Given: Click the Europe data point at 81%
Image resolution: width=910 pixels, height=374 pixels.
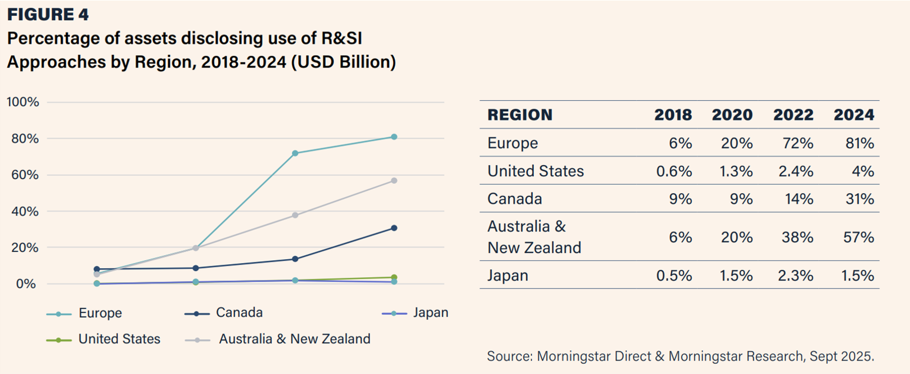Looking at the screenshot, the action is point(394,137).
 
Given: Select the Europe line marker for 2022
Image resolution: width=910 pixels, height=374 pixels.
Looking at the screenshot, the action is point(295,153).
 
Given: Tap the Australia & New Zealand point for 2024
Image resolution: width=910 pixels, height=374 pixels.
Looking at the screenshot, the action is point(394,181).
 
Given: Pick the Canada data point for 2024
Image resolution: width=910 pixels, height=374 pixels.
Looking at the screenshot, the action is point(394,228).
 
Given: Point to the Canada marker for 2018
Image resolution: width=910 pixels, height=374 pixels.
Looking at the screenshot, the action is point(97,269).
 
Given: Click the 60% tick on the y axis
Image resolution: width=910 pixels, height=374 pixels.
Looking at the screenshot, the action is point(25,175).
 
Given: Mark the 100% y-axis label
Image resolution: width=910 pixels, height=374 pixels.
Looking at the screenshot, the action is point(22,102).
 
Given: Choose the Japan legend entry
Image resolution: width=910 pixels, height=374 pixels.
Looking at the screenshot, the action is point(415,313).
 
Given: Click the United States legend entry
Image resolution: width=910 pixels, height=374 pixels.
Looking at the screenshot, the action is point(103,339).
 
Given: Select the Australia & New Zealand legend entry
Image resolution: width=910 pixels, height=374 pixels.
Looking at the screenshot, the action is point(278,339).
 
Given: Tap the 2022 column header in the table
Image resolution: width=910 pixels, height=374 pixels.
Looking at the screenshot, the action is point(794,115).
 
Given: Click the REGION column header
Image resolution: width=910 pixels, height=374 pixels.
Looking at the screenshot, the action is point(520,115).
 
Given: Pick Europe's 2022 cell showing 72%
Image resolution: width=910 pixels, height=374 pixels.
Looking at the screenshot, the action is point(798,143).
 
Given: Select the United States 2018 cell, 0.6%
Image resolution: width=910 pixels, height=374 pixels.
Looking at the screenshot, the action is point(674,171).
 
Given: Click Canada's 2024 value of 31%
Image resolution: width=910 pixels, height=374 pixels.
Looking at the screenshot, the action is point(859,199).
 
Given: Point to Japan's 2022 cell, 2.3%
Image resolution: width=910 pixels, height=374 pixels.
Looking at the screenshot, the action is point(795,275).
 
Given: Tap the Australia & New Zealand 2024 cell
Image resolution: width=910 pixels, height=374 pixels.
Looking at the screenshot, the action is point(858,237).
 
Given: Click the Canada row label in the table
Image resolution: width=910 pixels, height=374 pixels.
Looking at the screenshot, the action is point(515,199).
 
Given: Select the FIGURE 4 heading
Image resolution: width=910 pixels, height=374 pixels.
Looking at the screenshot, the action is point(48,15).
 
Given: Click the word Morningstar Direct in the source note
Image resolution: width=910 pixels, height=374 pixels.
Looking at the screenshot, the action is point(594,356).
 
